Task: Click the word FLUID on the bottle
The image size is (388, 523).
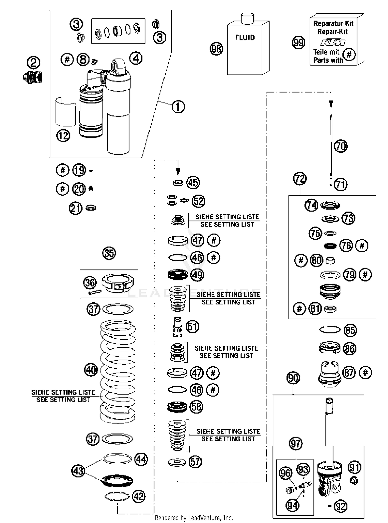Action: pos(245,37)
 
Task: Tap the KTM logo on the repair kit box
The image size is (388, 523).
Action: pos(333,42)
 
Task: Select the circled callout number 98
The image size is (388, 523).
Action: pos(216,49)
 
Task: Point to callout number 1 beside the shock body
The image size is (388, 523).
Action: pos(178,107)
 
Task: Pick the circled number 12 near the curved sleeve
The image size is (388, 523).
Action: pos(63,135)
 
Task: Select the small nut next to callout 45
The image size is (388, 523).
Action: pos(178,183)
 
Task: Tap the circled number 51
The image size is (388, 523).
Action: pos(192,327)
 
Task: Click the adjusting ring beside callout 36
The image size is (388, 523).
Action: pos(118,283)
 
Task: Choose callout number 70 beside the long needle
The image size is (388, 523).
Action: pos(341,146)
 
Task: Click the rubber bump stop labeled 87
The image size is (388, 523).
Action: pos(329,374)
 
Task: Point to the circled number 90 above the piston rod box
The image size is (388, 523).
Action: pos(293,378)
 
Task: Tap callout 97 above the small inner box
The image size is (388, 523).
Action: pos(296,444)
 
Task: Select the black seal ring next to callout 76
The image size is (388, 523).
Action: pos(330,246)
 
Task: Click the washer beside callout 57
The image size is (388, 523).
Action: pos(177,463)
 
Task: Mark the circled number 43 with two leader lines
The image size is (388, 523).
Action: pos(78,471)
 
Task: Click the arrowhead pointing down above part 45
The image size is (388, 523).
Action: pos(178,171)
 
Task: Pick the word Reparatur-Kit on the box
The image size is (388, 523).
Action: pos(333,24)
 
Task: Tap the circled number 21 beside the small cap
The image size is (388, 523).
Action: pos(75,208)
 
